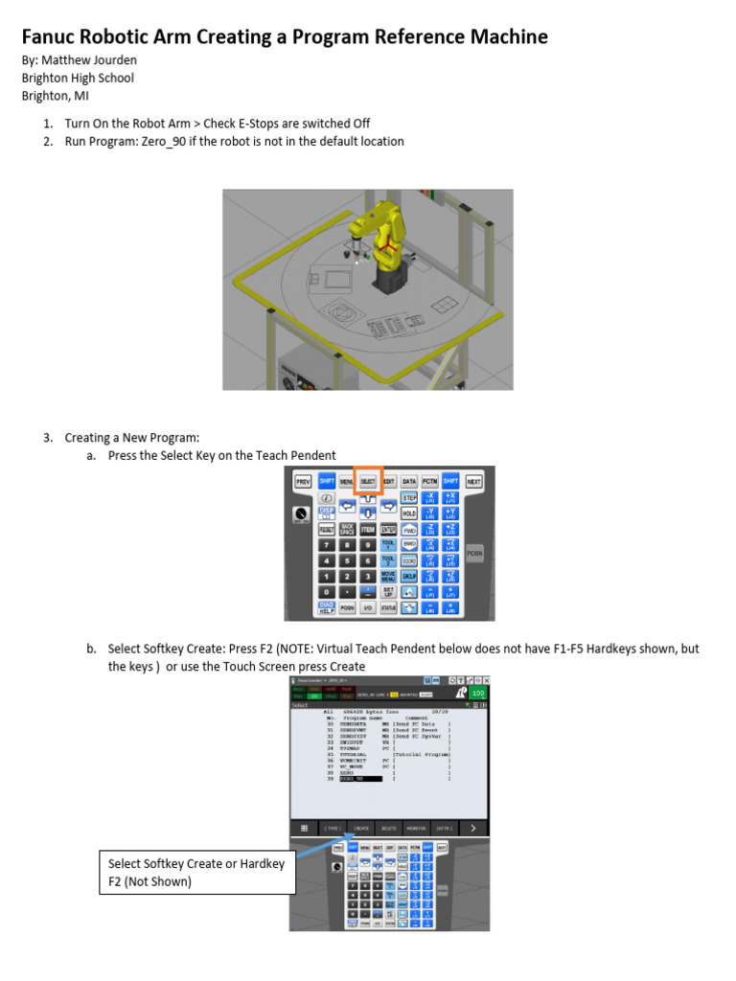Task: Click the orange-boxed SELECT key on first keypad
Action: [368, 482]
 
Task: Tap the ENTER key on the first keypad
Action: [389, 529]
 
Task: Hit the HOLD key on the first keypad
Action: [408, 513]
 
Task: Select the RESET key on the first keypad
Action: [326, 529]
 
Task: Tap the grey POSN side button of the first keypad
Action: [474, 553]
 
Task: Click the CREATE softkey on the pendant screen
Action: [361, 827]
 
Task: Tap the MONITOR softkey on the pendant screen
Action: [416, 827]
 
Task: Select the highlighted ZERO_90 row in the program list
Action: [355, 779]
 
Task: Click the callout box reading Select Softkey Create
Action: [195, 872]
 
